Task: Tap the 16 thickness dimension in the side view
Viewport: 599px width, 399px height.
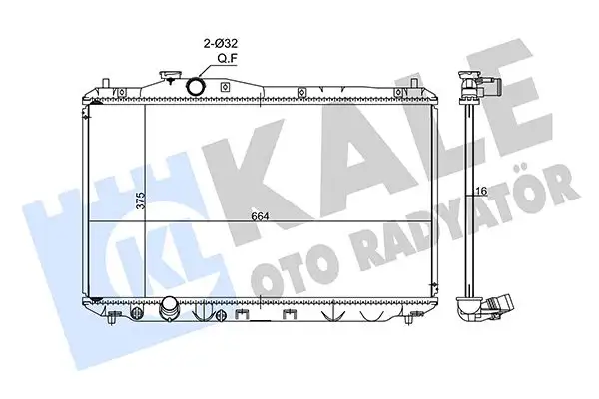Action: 479,191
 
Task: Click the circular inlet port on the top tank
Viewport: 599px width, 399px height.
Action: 196,87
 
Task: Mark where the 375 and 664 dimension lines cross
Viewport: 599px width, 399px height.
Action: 146,218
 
